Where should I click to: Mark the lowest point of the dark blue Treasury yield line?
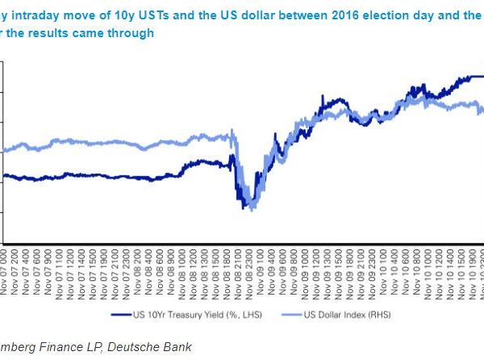(244, 208)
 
